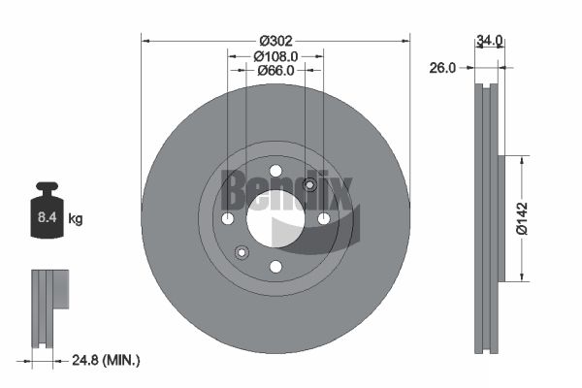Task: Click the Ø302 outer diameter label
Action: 276,41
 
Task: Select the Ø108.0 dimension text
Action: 276,56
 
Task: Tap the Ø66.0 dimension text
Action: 276,71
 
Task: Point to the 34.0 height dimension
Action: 489,41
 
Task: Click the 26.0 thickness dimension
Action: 443,67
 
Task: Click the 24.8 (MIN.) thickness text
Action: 106,360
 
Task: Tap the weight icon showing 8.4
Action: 47,210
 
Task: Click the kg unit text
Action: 76,219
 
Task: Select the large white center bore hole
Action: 275,218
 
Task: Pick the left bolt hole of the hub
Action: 228,218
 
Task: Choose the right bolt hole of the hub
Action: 323,218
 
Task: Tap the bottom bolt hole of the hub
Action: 275,266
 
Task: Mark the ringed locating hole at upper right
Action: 309,185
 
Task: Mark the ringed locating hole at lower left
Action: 242,252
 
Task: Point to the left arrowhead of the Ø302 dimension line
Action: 146,41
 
